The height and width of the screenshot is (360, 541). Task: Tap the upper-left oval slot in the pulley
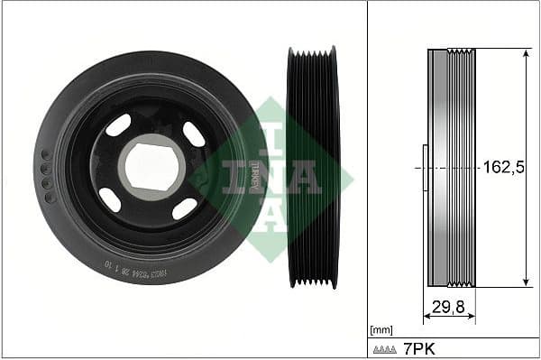coord(118,125)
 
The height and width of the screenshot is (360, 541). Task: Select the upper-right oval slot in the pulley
coord(193,134)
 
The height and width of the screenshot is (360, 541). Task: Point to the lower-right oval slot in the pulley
coord(184,208)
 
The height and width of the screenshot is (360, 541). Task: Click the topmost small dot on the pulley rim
coord(46,155)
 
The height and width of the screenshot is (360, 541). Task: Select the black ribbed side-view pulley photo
coord(312,168)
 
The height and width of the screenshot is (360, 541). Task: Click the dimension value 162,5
coord(503,167)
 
